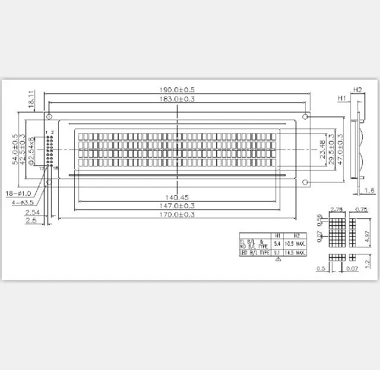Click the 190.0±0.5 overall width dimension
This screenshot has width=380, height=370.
178,89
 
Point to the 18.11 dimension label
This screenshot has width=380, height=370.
31,99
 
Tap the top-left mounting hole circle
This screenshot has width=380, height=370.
50,115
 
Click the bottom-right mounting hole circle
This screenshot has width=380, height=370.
305,181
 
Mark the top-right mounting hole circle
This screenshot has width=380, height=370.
305,115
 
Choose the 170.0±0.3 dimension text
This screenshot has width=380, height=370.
178,215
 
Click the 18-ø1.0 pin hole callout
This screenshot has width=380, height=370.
18,193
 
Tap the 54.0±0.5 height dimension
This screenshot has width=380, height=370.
15,149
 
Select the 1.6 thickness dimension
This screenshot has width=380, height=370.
369,190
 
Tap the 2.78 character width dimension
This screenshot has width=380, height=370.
336,209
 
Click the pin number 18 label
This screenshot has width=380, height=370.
55,169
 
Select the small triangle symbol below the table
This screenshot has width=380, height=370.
277,260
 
